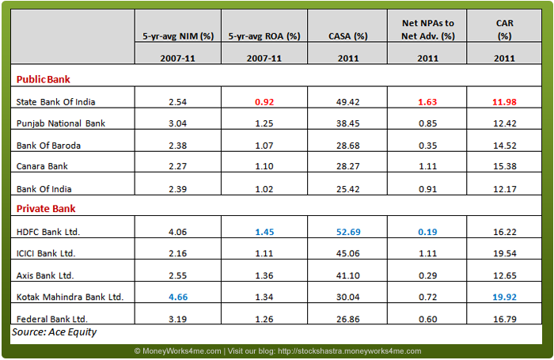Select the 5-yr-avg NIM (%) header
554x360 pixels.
(x=176, y=36)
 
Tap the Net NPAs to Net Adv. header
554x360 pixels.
(x=427, y=29)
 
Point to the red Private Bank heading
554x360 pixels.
(x=47, y=209)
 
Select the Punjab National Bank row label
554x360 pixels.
(x=60, y=123)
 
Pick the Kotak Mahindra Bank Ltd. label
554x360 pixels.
(x=70, y=296)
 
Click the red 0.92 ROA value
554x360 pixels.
(x=264, y=102)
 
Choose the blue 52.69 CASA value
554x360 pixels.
(x=350, y=231)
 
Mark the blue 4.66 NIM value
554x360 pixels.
(x=176, y=296)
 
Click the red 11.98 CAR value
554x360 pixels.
(x=504, y=102)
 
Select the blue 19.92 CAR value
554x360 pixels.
(x=504, y=296)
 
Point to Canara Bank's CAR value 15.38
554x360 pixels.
(x=504, y=166)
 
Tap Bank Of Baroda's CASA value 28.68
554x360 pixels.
(x=350, y=145)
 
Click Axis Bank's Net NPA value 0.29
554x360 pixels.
(x=427, y=275)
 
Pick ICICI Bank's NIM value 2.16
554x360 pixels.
(x=176, y=253)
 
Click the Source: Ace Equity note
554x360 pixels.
(x=54, y=332)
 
